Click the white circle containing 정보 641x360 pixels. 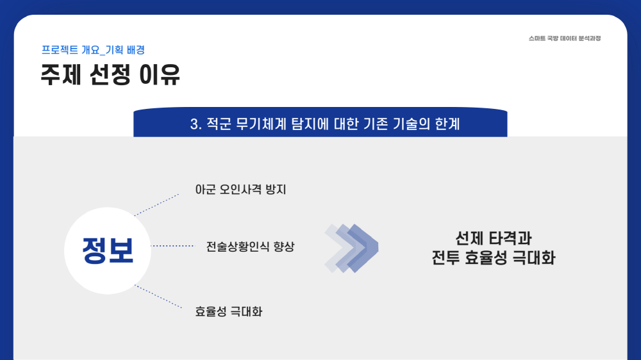click(x=108, y=250)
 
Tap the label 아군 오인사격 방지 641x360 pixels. click(x=240, y=190)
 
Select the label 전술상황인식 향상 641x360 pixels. click(x=250, y=247)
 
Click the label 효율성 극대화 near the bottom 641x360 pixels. click(x=229, y=312)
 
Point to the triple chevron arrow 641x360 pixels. click(x=351, y=248)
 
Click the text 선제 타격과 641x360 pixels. click(x=494, y=238)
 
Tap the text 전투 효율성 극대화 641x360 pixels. click(x=494, y=258)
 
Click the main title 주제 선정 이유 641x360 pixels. click(x=110, y=74)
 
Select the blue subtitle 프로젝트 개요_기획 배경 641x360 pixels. click(x=93, y=50)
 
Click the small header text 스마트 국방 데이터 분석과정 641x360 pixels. click(x=565, y=38)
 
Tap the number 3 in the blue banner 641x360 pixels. click(x=194, y=124)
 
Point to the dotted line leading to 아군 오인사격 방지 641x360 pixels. click(x=156, y=205)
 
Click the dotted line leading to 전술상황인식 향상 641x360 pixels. click(x=173, y=246)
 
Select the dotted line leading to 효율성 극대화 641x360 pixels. click(x=158, y=297)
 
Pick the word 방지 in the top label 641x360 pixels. click(x=276, y=190)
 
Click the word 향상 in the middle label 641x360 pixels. click(x=284, y=247)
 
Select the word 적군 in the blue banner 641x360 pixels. click(x=219, y=124)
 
